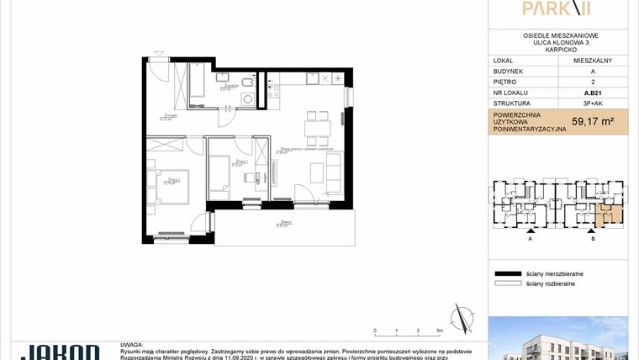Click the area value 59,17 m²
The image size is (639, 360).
592,121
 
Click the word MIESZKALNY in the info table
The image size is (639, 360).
592,61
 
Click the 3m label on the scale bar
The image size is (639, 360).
439,331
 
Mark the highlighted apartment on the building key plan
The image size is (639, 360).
610,217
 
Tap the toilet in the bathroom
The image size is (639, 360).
244,81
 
